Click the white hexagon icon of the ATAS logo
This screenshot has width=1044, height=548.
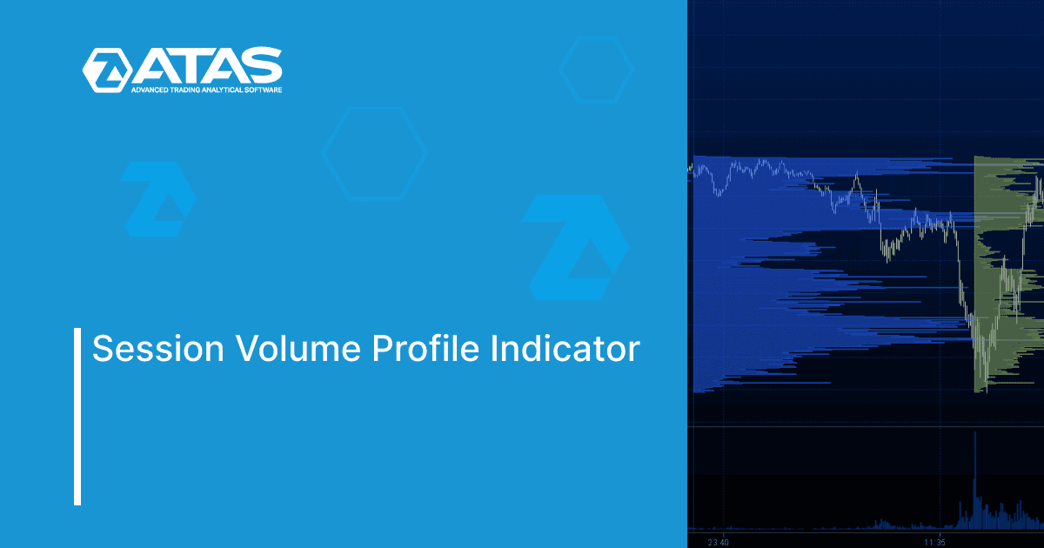(x=107, y=70)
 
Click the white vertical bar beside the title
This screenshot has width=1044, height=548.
(x=77, y=416)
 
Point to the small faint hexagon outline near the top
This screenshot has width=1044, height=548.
(x=596, y=69)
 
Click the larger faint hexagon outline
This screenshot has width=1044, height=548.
(x=374, y=153)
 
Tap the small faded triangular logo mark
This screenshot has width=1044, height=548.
(x=157, y=197)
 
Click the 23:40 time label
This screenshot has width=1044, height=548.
(x=718, y=542)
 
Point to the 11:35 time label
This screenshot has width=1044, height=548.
(x=935, y=542)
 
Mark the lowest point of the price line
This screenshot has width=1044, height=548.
(x=987, y=391)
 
